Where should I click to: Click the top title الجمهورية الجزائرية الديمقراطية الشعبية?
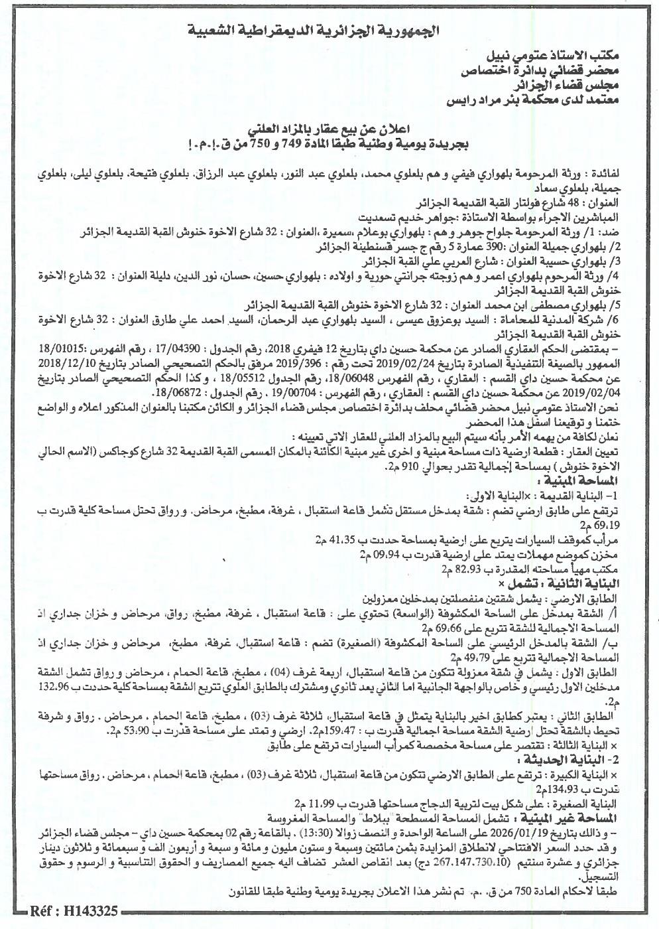(329, 31)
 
